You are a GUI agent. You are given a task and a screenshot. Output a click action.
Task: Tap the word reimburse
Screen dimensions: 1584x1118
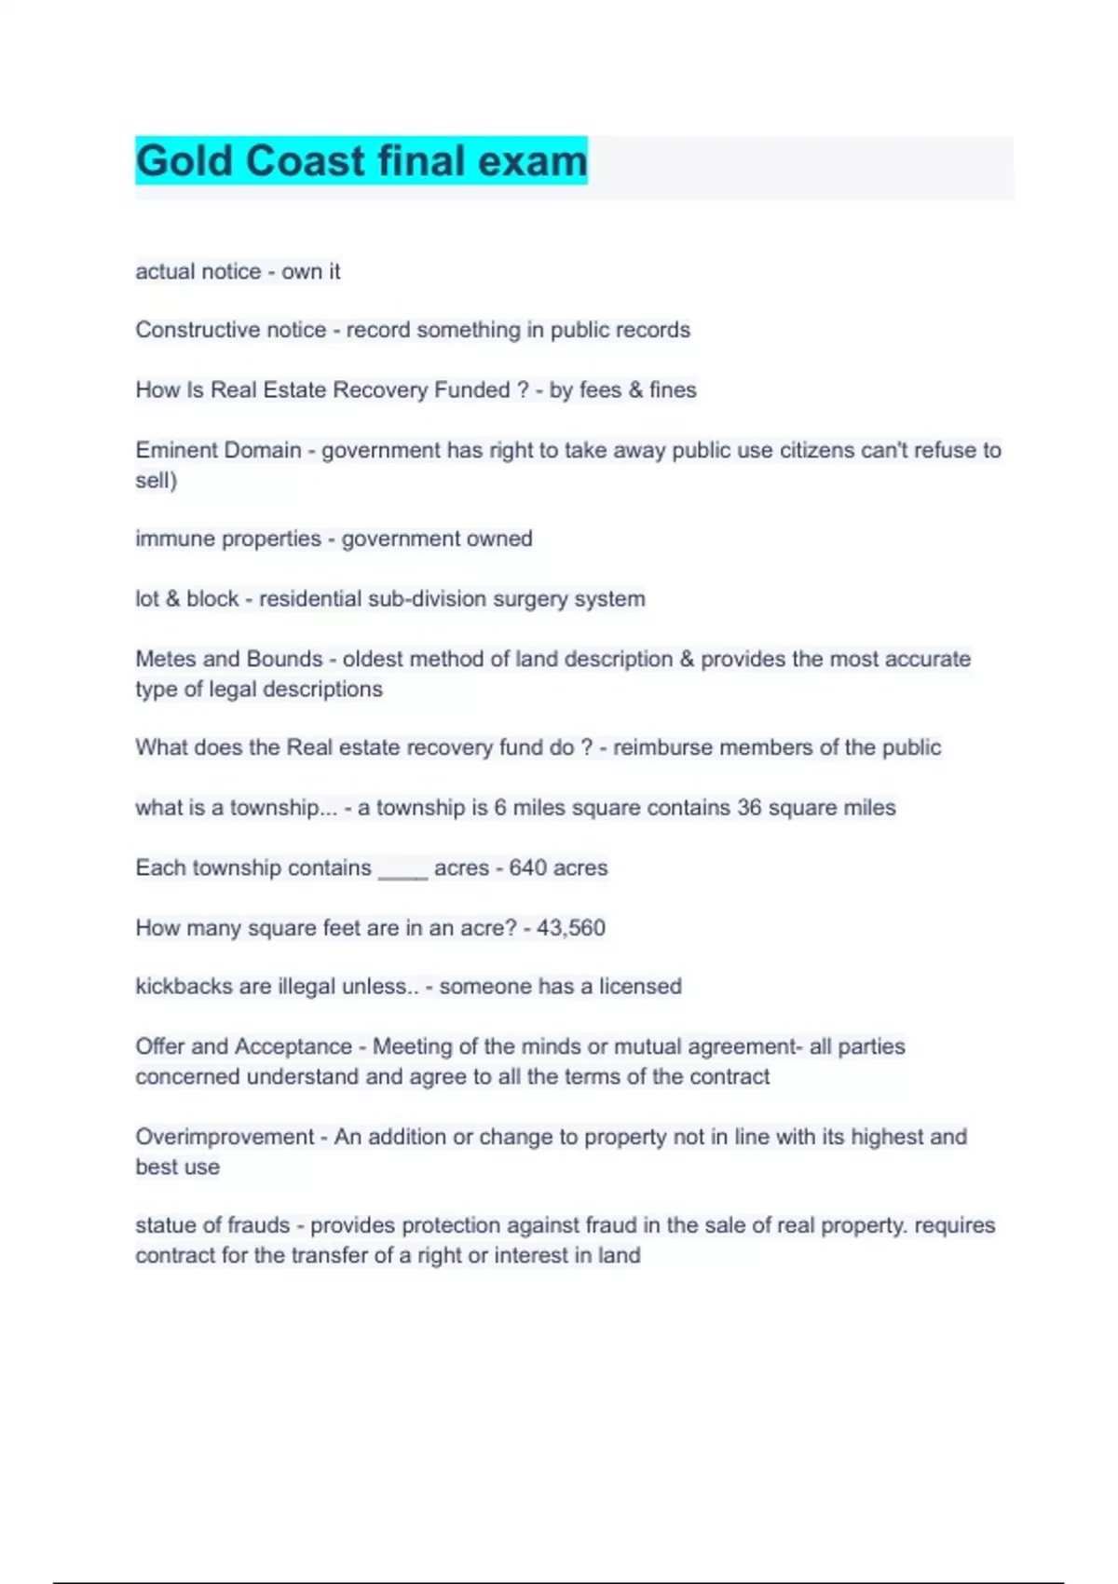click(x=660, y=747)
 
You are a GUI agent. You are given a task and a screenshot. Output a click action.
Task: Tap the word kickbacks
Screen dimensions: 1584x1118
click(x=184, y=986)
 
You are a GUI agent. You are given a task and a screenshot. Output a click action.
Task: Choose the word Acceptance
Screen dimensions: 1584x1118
click(x=293, y=1046)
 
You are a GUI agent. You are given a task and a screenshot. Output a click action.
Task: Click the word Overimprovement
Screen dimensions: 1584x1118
click(x=225, y=1137)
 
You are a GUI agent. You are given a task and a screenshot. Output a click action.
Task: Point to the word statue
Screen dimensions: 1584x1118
click(x=165, y=1225)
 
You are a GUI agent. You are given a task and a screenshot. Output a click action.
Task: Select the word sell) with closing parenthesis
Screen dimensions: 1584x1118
click(x=156, y=481)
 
